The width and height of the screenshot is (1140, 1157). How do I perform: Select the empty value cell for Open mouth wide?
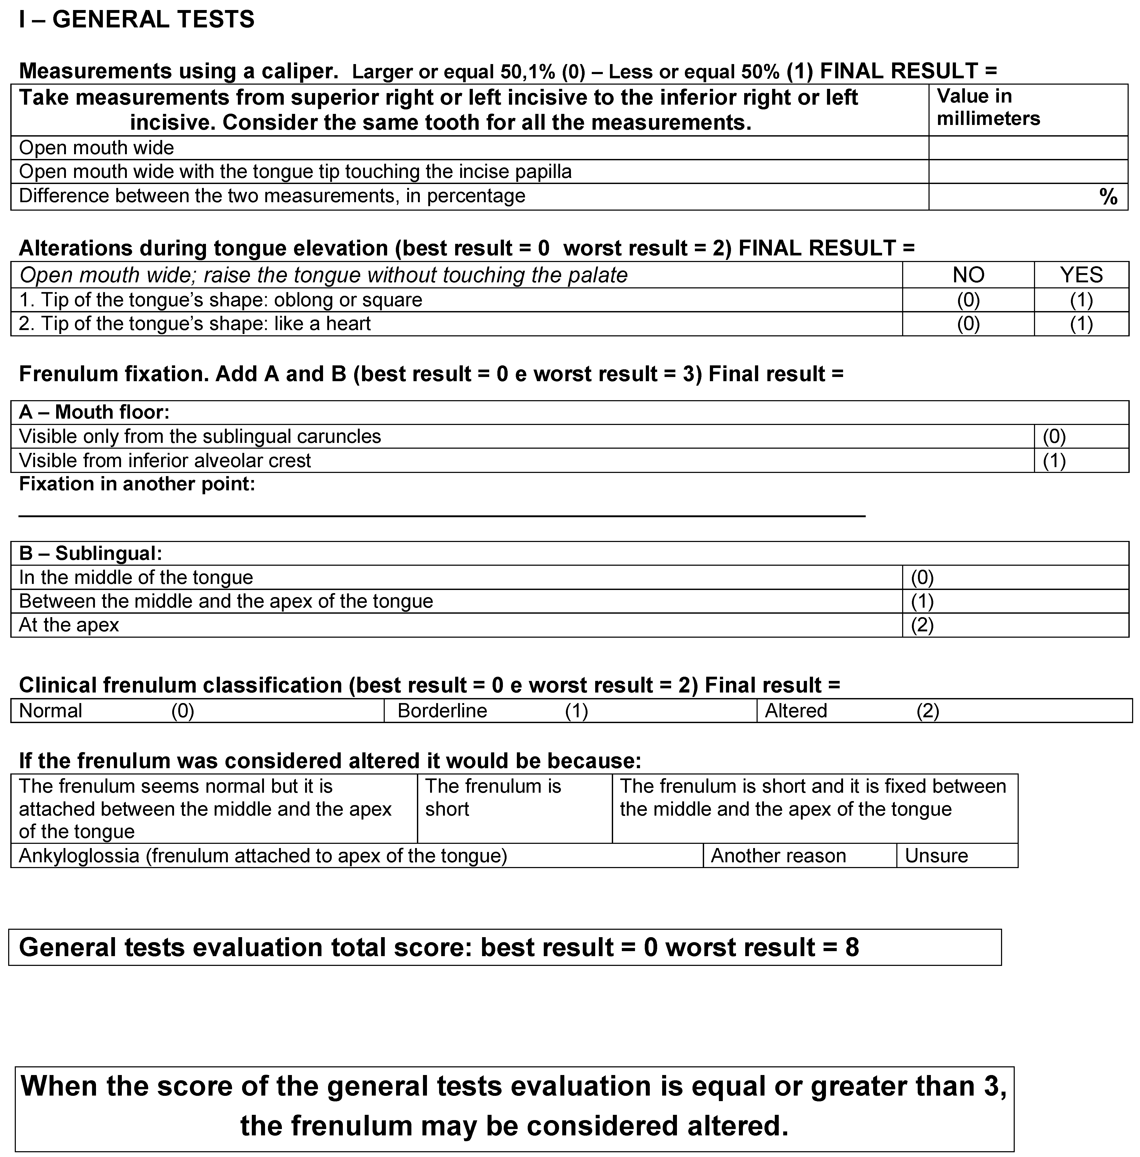tap(1027, 148)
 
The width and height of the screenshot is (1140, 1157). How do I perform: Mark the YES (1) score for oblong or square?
tap(1081, 300)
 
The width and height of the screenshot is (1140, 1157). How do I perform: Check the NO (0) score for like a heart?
tap(968, 324)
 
